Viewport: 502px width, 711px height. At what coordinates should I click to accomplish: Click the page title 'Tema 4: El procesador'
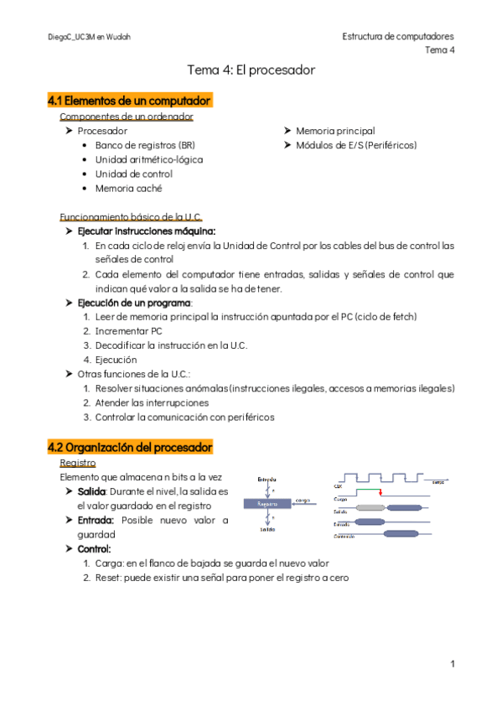(251, 70)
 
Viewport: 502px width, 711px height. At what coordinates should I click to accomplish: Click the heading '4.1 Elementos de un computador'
(129, 101)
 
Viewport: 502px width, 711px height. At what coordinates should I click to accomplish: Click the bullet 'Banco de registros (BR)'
(145, 146)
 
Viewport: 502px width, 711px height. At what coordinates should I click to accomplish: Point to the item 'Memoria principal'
(335, 132)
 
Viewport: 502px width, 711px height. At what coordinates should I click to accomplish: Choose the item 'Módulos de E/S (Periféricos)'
(356, 146)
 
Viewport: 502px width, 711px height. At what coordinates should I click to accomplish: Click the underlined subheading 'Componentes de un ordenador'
(127, 117)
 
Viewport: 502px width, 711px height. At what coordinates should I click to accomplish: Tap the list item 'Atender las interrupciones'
(152, 402)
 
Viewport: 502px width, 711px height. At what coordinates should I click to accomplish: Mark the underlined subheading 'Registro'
(78, 463)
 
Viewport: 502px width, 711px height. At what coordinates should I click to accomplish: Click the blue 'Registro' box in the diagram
(267, 504)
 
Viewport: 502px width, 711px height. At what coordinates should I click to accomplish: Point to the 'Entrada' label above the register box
(267, 479)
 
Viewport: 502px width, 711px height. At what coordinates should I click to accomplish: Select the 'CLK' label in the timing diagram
(339, 485)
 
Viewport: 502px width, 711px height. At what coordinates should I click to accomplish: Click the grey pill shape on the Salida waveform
(371, 508)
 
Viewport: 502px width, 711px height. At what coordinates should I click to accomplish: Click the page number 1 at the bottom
(452, 664)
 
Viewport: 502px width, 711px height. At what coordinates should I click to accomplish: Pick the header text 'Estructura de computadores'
(398, 37)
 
